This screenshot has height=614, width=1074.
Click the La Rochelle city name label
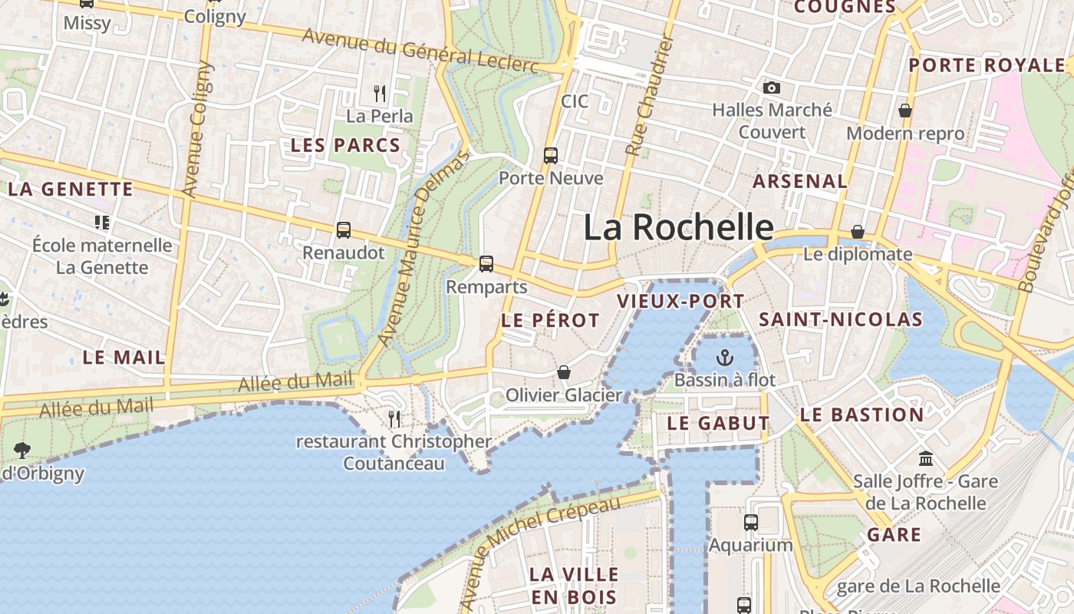(679, 227)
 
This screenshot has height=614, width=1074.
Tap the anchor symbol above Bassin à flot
(724, 357)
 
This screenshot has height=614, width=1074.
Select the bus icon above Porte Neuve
(551, 156)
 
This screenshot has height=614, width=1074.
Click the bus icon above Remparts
(486, 264)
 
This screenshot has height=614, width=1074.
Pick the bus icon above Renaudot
(344, 229)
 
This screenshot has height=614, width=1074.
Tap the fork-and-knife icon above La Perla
(380, 94)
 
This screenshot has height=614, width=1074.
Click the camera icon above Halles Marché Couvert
(771, 87)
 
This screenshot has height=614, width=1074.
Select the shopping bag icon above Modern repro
(905, 111)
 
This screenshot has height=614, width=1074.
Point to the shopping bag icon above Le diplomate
(858, 232)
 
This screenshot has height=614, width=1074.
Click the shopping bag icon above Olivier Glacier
(564, 372)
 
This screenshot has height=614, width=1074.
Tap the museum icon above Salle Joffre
(926, 459)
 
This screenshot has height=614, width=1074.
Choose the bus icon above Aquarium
(751, 523)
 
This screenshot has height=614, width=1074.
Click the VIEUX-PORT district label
(680, 302)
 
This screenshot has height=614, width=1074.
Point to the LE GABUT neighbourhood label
(718, 423)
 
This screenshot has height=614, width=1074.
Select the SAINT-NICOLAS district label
(841, 320)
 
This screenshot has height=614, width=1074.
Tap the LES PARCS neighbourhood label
(345, 145)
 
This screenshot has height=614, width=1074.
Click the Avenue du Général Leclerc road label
(420, 51)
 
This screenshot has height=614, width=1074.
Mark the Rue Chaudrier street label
(650, 96)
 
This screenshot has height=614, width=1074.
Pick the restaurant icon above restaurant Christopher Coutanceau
(394, 418)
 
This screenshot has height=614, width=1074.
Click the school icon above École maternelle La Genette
(102, 223)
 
